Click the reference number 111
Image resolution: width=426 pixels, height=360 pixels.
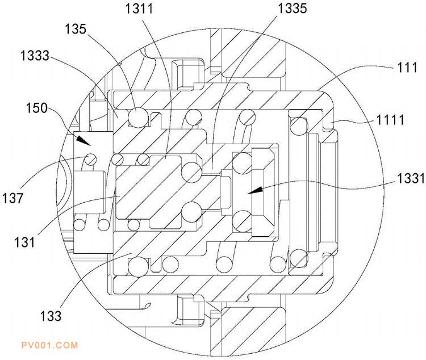click(x=405, y=68)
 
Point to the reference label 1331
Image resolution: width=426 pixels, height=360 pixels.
click(x=410, y=179)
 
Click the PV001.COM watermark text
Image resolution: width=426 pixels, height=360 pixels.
click(x=48, y=345)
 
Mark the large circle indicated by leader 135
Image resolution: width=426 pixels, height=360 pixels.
click(x=139, y=118)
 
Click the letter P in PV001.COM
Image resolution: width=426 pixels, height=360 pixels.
click(x=23, y=345)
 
